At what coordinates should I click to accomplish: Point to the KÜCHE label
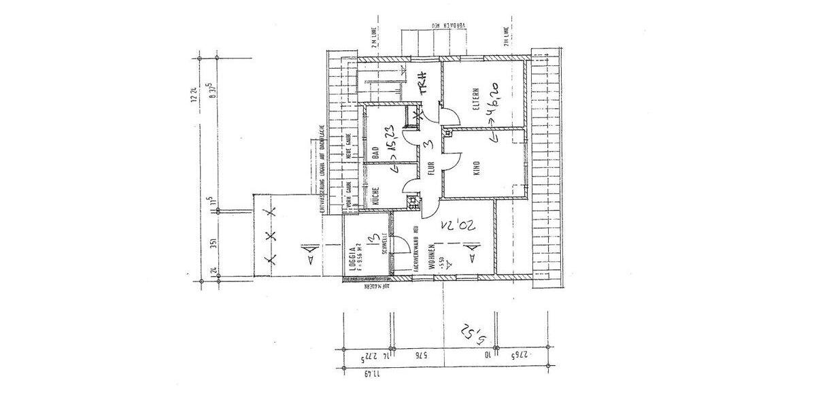click(x=375, y=196)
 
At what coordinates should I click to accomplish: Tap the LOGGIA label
click(x=353, y=260)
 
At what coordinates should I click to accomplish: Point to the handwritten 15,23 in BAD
click(x=391, y=143)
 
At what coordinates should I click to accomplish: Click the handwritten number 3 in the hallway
click(x=425, y=144)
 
